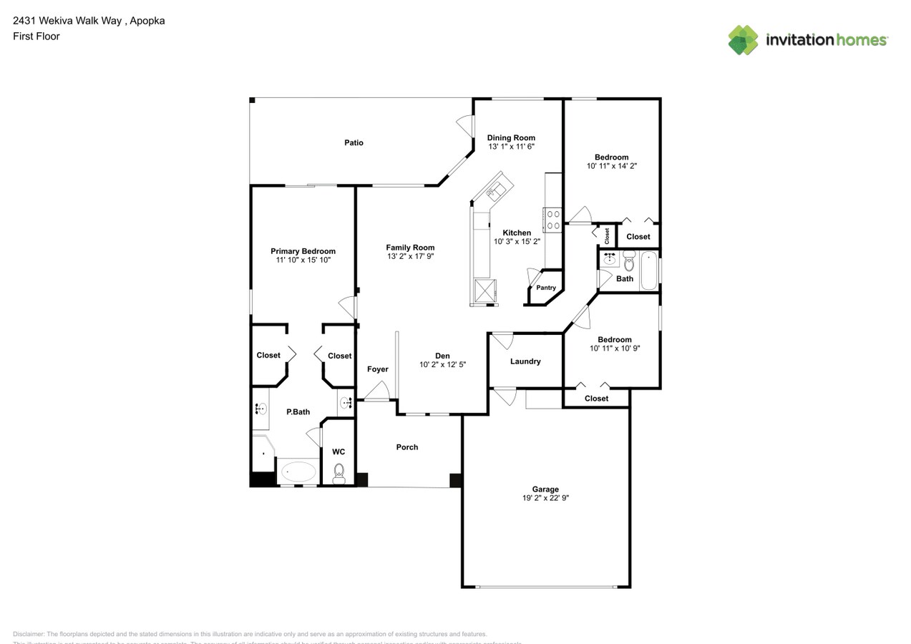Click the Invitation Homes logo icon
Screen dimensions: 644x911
coord(743,40)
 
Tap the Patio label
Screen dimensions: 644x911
coord(354,142)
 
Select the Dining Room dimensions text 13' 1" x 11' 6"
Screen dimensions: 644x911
coord(511,146)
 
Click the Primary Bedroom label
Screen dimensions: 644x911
coord(303,251)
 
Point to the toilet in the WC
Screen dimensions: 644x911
coord(339,472)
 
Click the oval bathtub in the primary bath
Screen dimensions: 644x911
coord(298,472)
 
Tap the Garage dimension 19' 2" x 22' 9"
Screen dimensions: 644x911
coord(545,498)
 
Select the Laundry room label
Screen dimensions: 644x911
coord(525,361)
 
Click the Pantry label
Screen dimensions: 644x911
coord(546,288)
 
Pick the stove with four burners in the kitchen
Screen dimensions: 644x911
coord(553,219)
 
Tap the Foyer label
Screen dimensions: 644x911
coord(377,369)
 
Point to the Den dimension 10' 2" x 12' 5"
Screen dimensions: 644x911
coord(442,364)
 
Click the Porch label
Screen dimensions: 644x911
coord(407,447)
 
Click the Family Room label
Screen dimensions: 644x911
coord(410,248)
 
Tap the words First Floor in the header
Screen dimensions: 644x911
coord(36,36)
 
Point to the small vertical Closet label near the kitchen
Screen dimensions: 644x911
coord(606,235)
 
